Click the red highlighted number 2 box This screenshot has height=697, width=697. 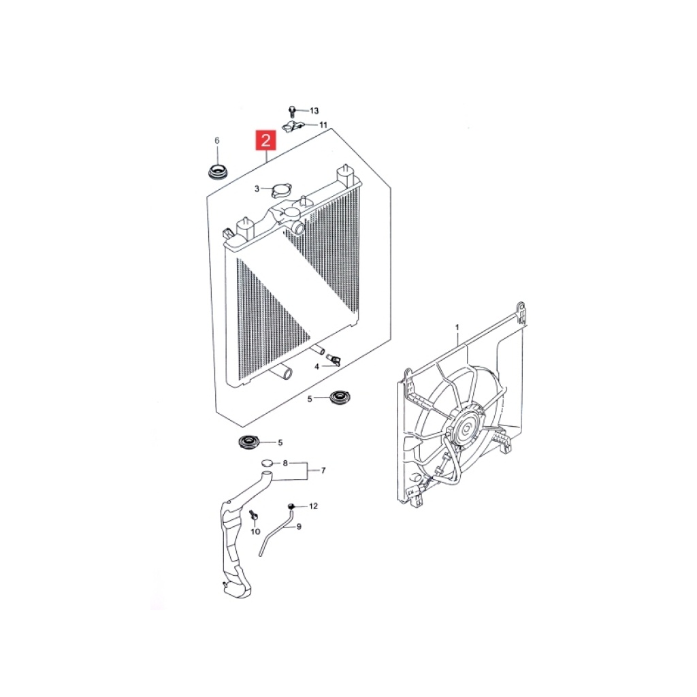265,140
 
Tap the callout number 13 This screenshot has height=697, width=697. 314,111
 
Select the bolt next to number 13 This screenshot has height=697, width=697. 292,111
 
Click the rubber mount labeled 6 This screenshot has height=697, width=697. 218,172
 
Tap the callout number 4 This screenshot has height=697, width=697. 317,367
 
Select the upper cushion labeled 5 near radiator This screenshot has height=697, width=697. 340,397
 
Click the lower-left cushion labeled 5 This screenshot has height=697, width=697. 249,442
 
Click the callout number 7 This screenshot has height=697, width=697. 323,470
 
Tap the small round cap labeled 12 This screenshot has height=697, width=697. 291,506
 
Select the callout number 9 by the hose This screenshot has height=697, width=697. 299,526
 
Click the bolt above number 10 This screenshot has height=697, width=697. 254,516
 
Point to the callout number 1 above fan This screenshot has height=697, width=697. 457,327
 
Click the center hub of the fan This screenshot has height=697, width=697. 466,429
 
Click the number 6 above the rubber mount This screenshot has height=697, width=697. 217,140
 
